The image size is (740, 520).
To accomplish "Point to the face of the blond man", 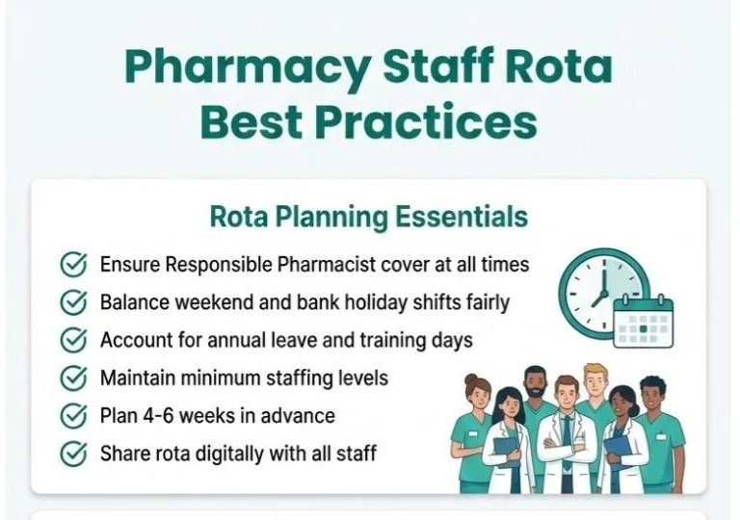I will tap(596, 386).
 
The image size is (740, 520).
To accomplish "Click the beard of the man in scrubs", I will tap(536, 398).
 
